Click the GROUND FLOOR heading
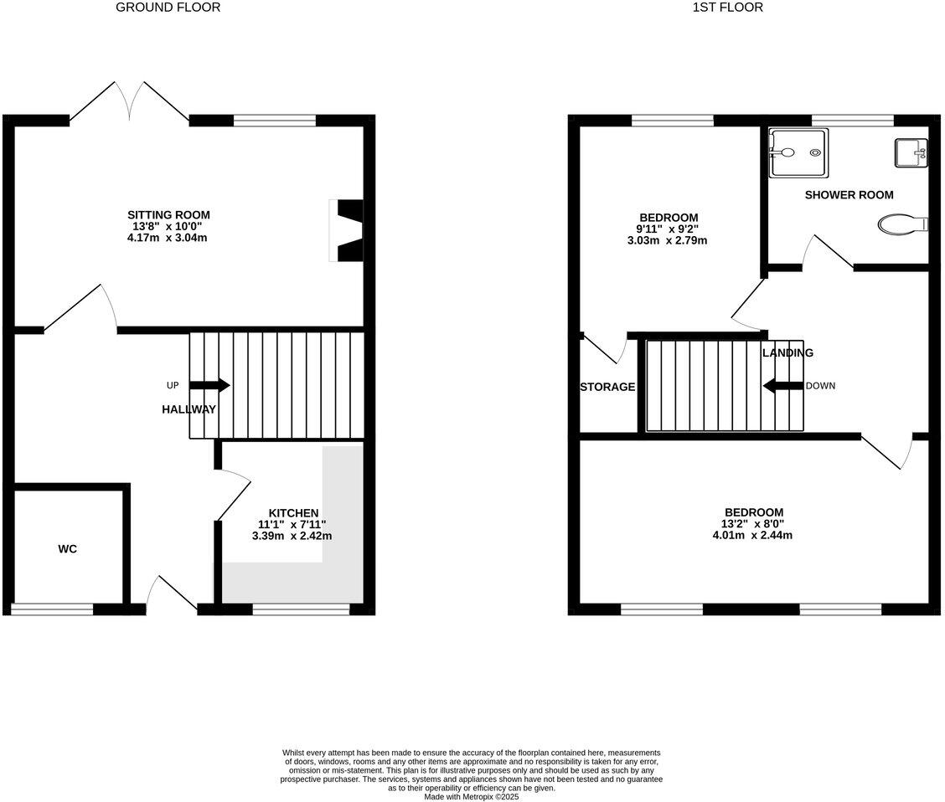[168, 8]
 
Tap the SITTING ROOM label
[168, 215]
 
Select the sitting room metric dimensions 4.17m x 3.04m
[168, 238]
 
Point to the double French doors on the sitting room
[129, 102]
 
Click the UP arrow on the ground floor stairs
[209, 385]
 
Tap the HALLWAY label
[188, 409]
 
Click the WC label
[68, 549]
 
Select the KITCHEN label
[292, 513]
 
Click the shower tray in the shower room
[798, 152]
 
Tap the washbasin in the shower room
[911, 152]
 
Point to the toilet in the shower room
[902, 224]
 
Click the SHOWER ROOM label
[849, 195]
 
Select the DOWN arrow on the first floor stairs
[782, 386]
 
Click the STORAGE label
[607, 387]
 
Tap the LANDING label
[787, 352]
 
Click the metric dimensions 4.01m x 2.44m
[753, 535]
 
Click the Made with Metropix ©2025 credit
[472, 797]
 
